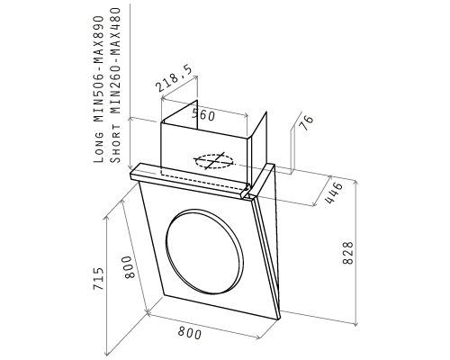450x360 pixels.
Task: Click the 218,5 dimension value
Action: (x=174, y=79)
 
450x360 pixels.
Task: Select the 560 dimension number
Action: (x=203, y=115)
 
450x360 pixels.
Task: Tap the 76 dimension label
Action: (x=307, y=122)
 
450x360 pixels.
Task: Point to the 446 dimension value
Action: (x=334, y=193)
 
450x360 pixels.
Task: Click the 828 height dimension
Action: (x=348, y=253)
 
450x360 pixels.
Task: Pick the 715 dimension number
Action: (x=98, y=278)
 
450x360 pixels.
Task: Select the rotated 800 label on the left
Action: (x=129, y=267)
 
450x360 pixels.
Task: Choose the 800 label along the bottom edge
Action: (x=190, y=333)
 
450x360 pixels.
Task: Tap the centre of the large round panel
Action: (x=204, y=251)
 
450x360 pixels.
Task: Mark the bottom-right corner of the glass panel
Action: (x=277, y=319)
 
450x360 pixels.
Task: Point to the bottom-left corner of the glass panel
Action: (x=164, y=294)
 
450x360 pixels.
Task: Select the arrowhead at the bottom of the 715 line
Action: (x=106, y=353)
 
